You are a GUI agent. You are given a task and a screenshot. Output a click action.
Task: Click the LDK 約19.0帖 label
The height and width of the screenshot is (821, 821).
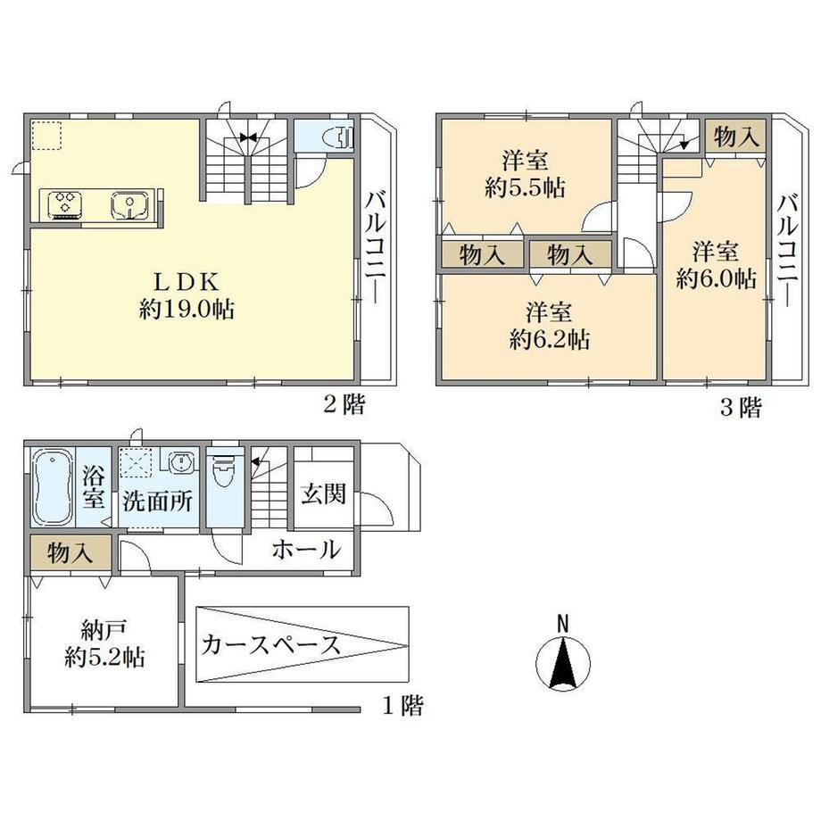coord(187,296)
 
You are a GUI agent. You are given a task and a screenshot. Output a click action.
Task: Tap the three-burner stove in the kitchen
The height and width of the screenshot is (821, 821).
coord(65,204)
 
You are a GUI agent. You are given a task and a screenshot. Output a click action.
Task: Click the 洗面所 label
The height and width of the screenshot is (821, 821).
coord(157,502)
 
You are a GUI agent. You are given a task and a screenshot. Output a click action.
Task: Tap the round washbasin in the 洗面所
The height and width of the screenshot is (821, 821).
coord(182,463)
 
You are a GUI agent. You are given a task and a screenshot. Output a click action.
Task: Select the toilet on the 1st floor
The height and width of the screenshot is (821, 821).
coord(225,468)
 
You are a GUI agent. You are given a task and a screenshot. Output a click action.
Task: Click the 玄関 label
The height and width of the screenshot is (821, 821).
coord(324,493)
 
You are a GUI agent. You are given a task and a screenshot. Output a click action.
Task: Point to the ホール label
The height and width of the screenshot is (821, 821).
coord(306,551)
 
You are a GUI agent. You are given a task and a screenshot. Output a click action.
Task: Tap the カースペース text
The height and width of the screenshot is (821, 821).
coord(270,644)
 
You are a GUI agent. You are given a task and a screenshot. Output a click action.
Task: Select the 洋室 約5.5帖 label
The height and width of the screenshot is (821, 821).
coord(525,173)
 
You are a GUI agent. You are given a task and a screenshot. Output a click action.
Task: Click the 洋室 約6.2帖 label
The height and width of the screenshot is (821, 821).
coord(549,326)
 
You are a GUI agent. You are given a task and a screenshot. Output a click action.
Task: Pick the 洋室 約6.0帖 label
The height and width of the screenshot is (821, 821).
coord(716,265)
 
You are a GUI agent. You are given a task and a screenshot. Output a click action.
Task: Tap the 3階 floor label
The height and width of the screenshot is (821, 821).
coord(741,407)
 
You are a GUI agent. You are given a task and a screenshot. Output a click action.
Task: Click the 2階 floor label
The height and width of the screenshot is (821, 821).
coord(344,403)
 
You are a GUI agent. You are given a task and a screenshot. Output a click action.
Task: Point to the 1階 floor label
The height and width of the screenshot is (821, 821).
coord(402,706)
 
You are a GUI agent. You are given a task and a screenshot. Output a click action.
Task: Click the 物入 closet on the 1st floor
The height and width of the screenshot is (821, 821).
coord(70,552)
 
